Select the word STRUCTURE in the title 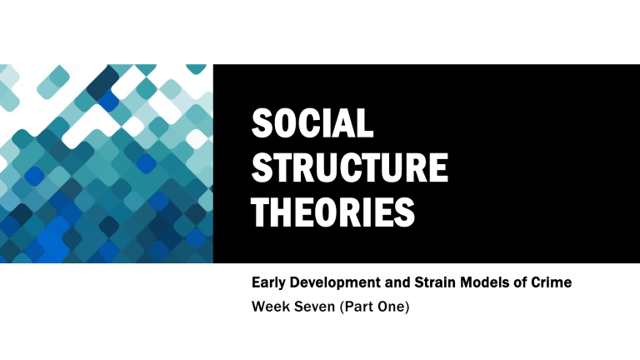(349, 168)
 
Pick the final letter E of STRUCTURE (437, 168)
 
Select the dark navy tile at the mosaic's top (103, 82)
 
